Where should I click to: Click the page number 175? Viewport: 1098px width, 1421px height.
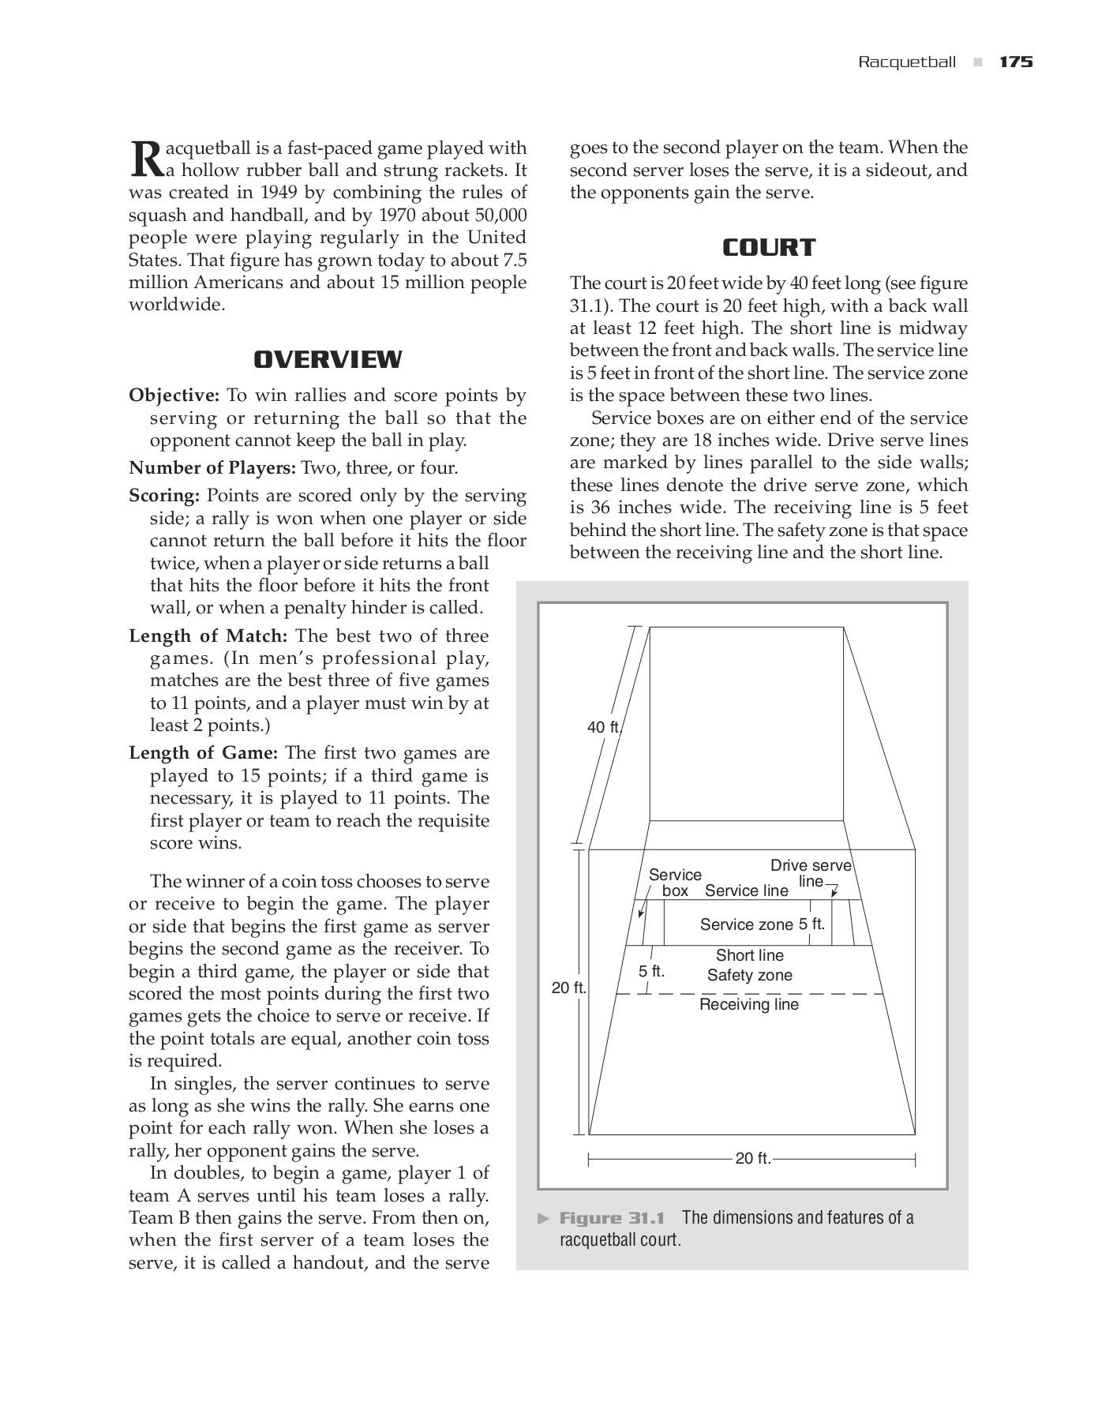pyautogui.click(x=1016, y=62)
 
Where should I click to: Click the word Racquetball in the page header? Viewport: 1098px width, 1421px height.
pyautogui.click(x=907, y=62)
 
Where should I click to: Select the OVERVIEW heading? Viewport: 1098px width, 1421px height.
pyautogui.click(x=328, y=359)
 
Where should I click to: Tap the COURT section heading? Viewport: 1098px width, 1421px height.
pyautogui.click(x=769, y=247)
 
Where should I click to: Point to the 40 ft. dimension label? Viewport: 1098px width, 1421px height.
pyautogui.click(x=605, y=727)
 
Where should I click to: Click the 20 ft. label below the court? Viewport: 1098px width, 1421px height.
pyautogui.click(x=752, y=1159)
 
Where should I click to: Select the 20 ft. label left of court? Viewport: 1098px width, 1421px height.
pyautogui.click(x=568, y=988)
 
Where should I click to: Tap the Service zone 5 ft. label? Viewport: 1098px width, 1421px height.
pyautogui.click(x=763, y=924)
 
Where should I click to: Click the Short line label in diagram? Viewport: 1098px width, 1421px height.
pyautogui.click(x=749, y=955)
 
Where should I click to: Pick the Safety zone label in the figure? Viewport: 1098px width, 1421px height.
pyautogui.click(x=749, y=975)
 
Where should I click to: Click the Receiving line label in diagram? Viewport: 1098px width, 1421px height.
pyautogui.click(x=749, y=1004)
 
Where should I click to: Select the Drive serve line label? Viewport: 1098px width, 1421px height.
pyautogui.click(x=811, y=872)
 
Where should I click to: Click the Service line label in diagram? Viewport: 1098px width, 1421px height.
pyautogui.click(x=746, y=890)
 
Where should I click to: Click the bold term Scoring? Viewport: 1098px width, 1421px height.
pyautogui.click(x=164, y=496)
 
